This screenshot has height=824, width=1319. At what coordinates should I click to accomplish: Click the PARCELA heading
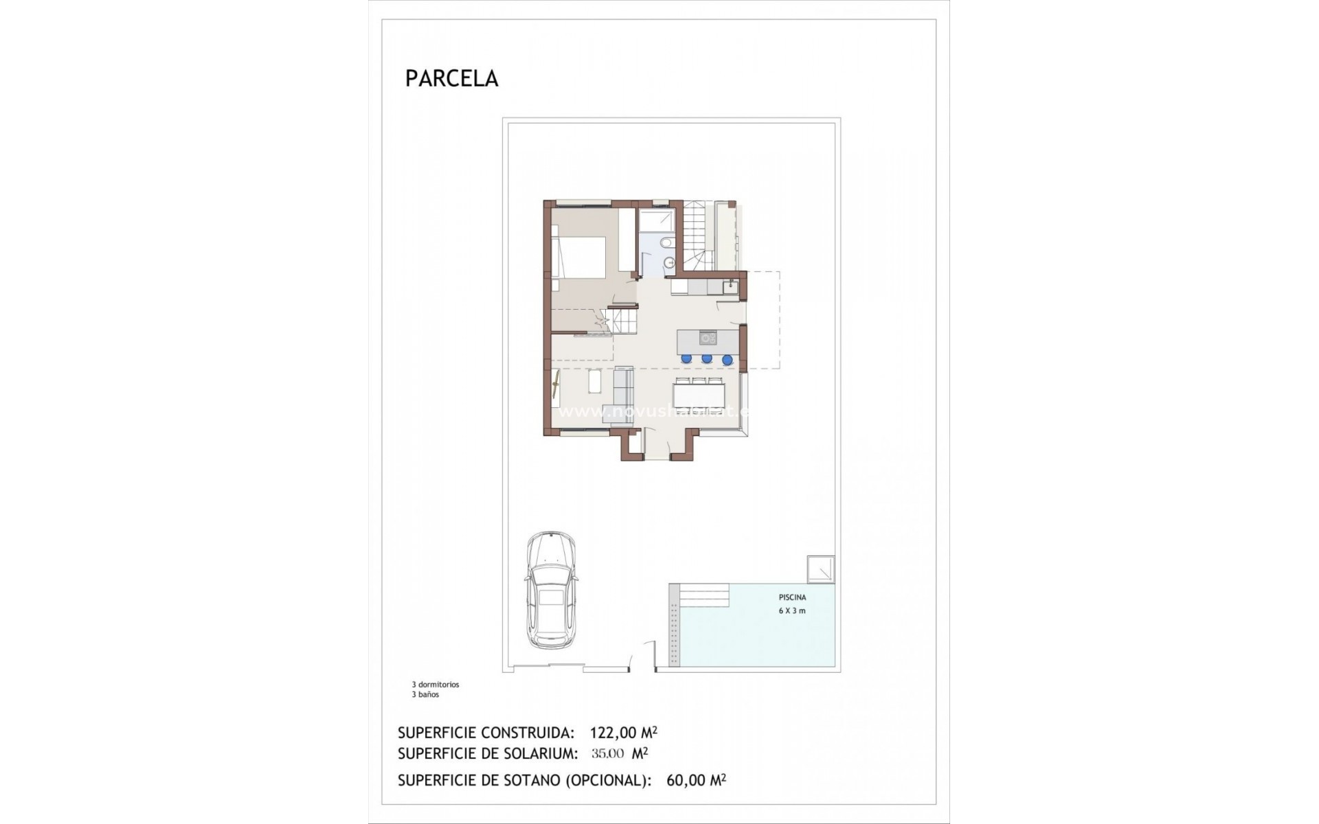point(451,78)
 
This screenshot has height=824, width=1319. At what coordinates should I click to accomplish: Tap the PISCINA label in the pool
point(792,597)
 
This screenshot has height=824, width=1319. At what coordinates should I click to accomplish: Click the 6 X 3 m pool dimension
point(792,610)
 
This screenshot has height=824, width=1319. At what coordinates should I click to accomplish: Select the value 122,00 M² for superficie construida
point(628,732)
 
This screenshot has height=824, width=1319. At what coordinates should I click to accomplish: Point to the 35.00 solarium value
point(607,753)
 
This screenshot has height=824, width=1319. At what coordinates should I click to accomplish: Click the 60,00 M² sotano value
point(696,780)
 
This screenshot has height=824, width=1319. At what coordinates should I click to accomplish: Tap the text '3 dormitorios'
point(436,685)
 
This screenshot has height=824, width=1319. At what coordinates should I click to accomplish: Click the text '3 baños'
point(425,694)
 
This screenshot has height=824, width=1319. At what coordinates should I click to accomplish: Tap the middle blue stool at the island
point(706,358)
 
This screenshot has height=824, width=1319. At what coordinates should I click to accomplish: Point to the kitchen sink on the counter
point(730,284)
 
